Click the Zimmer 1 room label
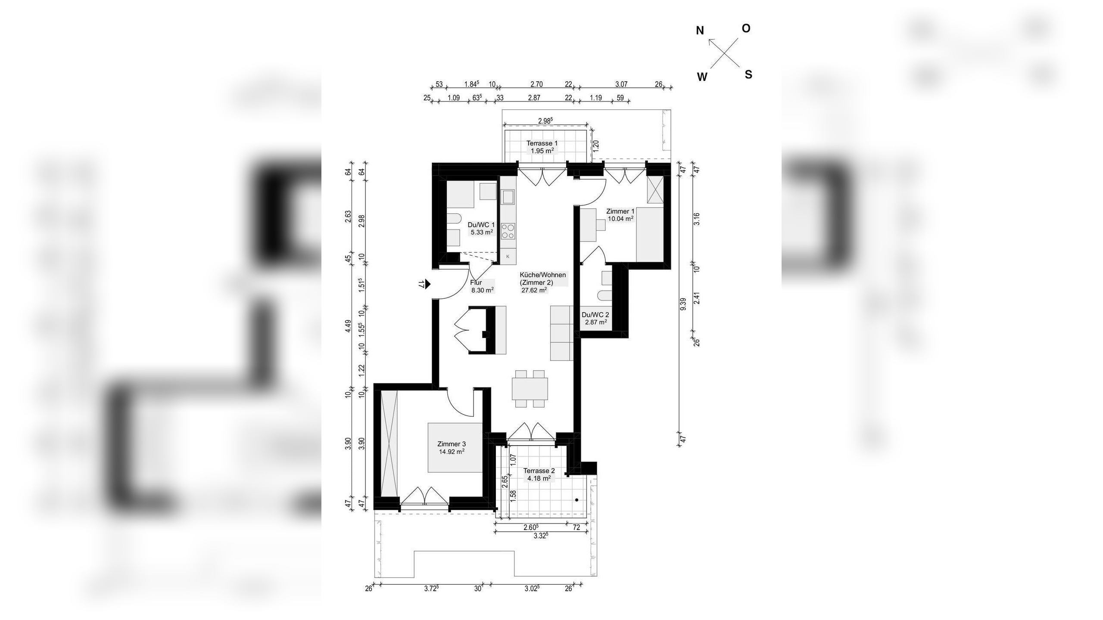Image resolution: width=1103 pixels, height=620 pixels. coord(620,211)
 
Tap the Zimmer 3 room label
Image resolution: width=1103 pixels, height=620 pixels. coord(451,444)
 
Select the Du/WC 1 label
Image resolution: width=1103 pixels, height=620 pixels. coord(481,225)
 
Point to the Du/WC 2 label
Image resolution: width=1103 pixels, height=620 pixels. coord(595,315)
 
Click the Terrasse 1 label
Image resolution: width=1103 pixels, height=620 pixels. coord(542,143)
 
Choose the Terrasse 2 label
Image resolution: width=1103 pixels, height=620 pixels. coord(539,471)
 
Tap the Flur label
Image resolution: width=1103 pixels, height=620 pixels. coord(476,283)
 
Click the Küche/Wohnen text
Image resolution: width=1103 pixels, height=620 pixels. coord(543,275)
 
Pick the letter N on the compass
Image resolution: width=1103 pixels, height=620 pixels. coord(700,31)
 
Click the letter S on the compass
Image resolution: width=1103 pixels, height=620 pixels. coord(748,74)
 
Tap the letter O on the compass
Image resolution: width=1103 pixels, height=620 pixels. coord(746,28)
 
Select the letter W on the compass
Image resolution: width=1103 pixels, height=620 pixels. coord(702,77)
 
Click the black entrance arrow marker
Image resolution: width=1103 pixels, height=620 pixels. coord(427,284)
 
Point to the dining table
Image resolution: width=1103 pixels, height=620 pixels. coord(530,389)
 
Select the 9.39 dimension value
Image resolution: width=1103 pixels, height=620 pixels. coord(682,304)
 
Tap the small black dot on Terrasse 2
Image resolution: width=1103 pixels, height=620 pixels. coord(576,500)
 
